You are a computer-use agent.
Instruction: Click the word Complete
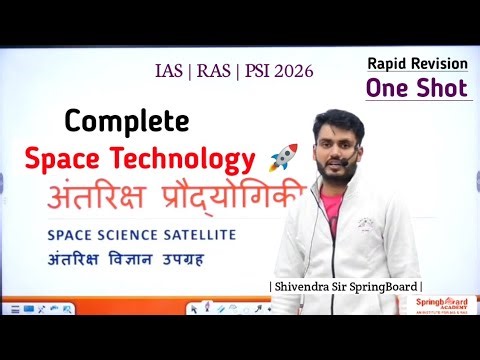(126, 122)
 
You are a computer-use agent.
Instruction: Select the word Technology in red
(194, 158)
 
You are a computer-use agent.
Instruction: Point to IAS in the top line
(169, 72)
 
